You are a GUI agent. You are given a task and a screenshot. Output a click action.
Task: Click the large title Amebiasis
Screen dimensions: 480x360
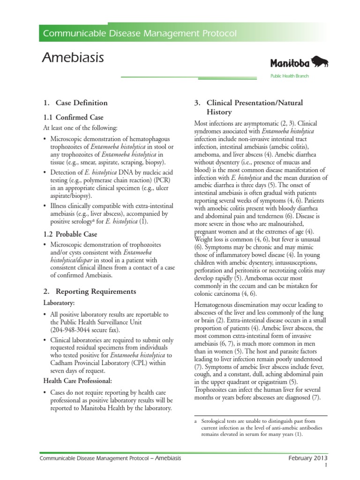[x=73, y=58]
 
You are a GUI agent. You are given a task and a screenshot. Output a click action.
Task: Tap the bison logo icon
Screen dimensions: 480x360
[x=319, y=62]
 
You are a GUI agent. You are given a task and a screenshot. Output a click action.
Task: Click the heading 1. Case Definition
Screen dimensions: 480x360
[x=75, y=103]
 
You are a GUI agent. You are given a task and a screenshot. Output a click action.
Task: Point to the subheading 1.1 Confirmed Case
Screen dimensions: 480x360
[x=73, y=117]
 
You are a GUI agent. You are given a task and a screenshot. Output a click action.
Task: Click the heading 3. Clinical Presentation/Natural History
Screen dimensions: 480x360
[x=248, y=107]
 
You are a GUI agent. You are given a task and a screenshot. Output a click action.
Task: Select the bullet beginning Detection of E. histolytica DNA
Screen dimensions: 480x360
[x=108, y=184]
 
